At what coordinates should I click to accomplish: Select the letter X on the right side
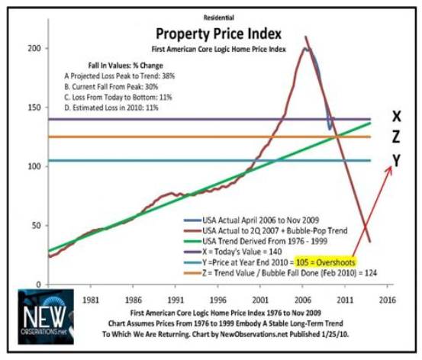point(396,117)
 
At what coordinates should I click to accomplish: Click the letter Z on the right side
point(396,138)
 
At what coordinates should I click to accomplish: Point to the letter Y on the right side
point(396,159)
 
